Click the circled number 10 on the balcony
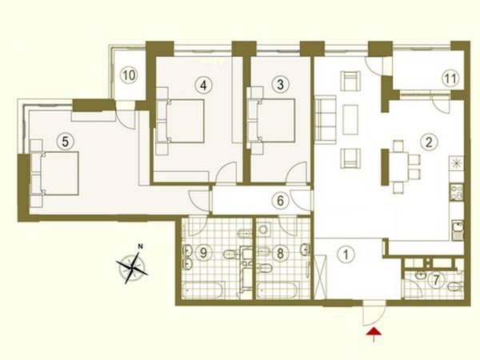point(129,75)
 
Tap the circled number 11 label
point(450,78)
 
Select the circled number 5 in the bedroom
point(66,142)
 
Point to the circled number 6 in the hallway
point(280,201)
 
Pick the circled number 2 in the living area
point(429,142)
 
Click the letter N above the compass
point(140,246)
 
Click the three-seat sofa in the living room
point(326,118)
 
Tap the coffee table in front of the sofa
point(350,120)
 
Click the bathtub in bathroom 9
point(203,290)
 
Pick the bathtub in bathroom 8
point(277,290)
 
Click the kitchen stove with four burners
point(457,192)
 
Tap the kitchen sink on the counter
point(457,230)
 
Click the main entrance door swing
point(374,314)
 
